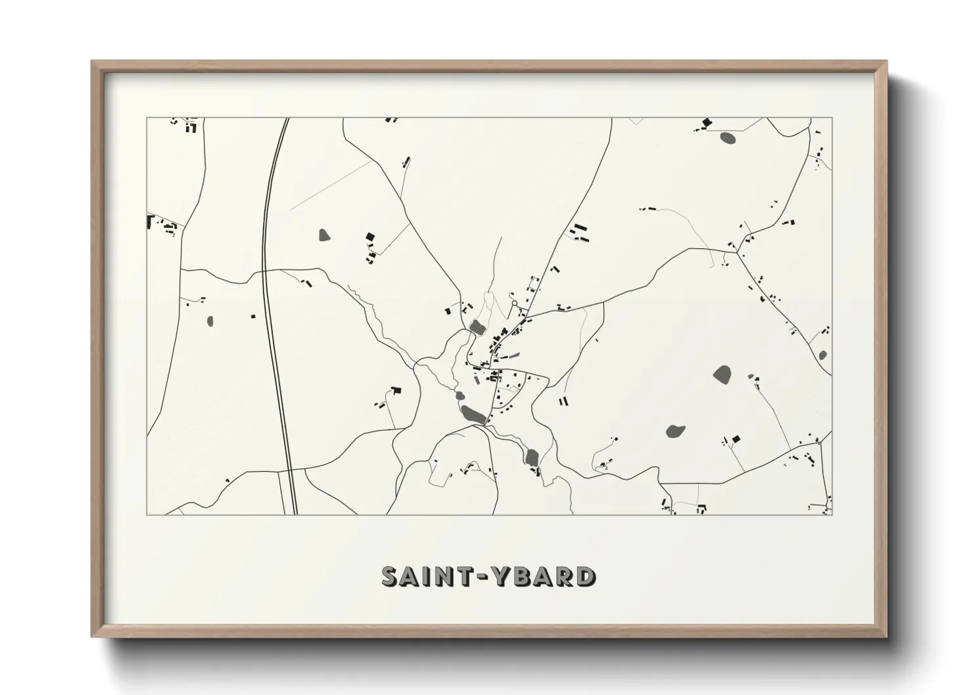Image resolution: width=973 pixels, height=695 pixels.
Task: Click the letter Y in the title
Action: [502, 576]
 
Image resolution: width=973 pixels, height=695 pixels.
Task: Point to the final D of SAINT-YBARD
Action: [584, 577]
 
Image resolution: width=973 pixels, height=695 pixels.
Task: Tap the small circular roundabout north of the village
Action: [515, 303]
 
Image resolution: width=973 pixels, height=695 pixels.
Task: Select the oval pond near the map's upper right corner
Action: [728, 138]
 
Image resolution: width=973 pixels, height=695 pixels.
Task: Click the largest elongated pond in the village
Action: [473, 414]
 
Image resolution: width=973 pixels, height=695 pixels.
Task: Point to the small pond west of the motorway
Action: [210, 321]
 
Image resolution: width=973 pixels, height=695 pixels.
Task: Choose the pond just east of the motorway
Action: [323, 234]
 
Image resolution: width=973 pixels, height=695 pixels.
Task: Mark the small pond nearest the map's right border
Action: [822, 355]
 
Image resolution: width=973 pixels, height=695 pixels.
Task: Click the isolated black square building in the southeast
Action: [736, 438]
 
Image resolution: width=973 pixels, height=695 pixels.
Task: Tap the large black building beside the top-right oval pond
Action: [707, 122]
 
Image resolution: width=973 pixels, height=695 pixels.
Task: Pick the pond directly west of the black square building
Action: [675, 432]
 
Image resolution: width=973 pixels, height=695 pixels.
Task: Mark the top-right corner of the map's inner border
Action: [832, 118]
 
